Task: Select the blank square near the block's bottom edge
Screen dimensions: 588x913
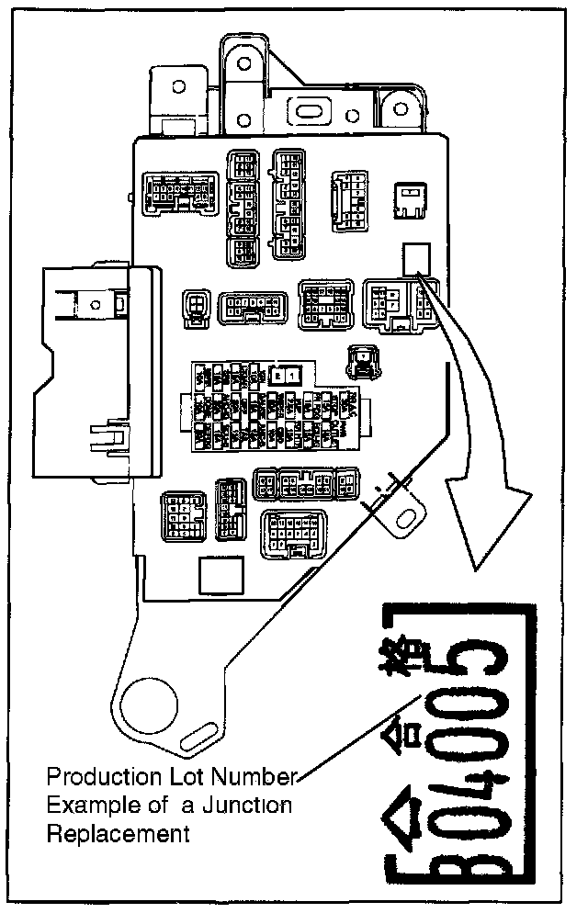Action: point(216,577)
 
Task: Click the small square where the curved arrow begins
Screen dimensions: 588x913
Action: point(416,256)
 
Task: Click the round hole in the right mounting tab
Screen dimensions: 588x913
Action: point(401,520)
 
